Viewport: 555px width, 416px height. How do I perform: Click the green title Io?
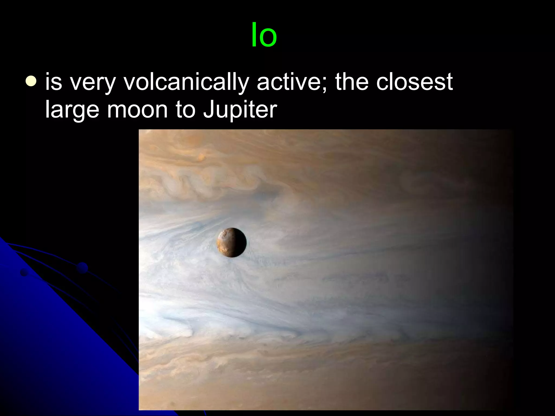tap(264, 35)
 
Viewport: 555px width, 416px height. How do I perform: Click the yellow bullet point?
tap(31, 81)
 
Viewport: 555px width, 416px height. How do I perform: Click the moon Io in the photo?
tap(232, 242)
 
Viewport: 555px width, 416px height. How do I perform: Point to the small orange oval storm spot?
tap(201, 156)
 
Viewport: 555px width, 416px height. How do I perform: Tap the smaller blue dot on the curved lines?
tap(24, 273)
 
